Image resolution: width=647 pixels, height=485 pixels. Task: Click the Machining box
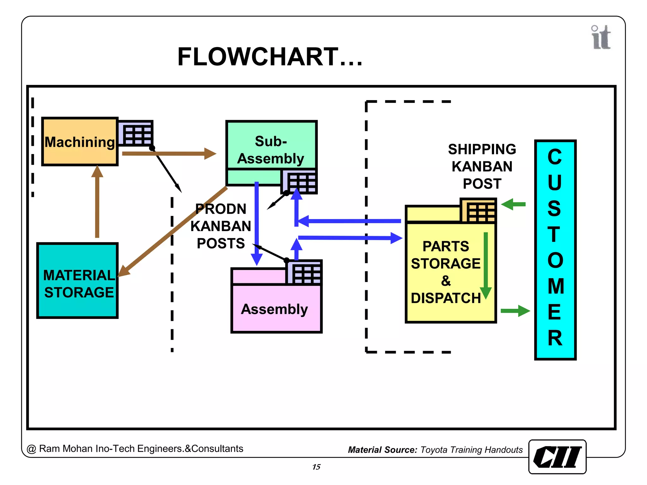tap(80, 142)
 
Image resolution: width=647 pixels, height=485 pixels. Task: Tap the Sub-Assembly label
tap(271, 150)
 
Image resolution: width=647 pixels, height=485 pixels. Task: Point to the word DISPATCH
tap(445, 298)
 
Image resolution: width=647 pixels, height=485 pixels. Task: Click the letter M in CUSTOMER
tap(555, 286)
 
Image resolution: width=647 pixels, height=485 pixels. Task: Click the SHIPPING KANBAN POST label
tap(482, 166)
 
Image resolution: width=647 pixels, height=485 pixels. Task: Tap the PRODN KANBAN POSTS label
tap(221, 226)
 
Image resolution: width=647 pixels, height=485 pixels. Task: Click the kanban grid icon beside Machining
tap(136, 134)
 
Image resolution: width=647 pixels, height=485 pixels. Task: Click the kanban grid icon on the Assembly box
tap(305, 273)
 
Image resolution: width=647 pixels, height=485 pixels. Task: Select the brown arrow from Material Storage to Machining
tap(97, 202)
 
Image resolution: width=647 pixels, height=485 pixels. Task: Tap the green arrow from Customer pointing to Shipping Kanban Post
tap(514, 204)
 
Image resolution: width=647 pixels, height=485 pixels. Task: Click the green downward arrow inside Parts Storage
tap(486, 265)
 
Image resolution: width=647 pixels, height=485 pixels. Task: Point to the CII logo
tap(557, 457)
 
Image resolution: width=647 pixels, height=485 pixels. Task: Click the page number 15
tap(316, 467)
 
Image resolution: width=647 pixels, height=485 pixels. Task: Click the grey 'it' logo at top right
tap(601, 38)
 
